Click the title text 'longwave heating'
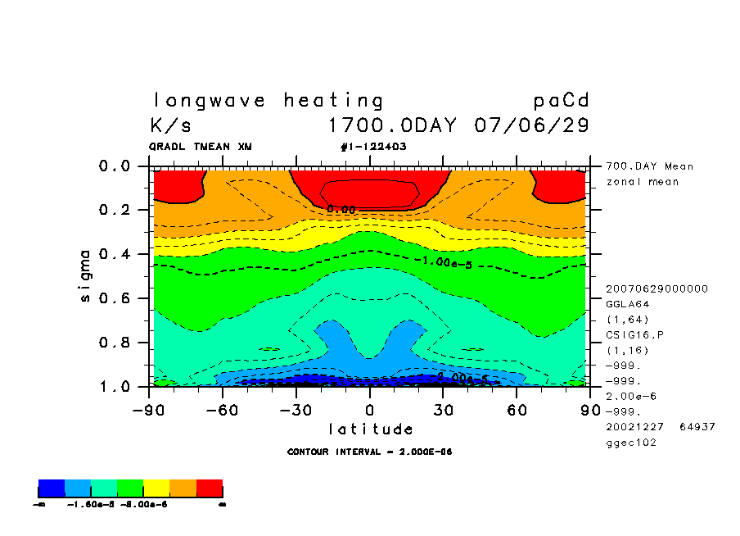[268, 101]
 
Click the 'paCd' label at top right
[561, 101]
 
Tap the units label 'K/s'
[171, 126]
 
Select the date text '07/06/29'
[531, 126]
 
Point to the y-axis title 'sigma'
[86, 275]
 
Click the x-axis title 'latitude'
[371, 429]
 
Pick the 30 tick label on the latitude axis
[444, 408]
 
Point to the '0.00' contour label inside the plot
[341, 210]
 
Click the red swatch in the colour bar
[210, 489]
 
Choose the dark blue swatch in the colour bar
[52, 489]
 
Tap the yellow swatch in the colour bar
[157, 489]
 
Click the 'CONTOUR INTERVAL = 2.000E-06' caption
[370, 452]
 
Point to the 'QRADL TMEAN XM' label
[201, 147]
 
